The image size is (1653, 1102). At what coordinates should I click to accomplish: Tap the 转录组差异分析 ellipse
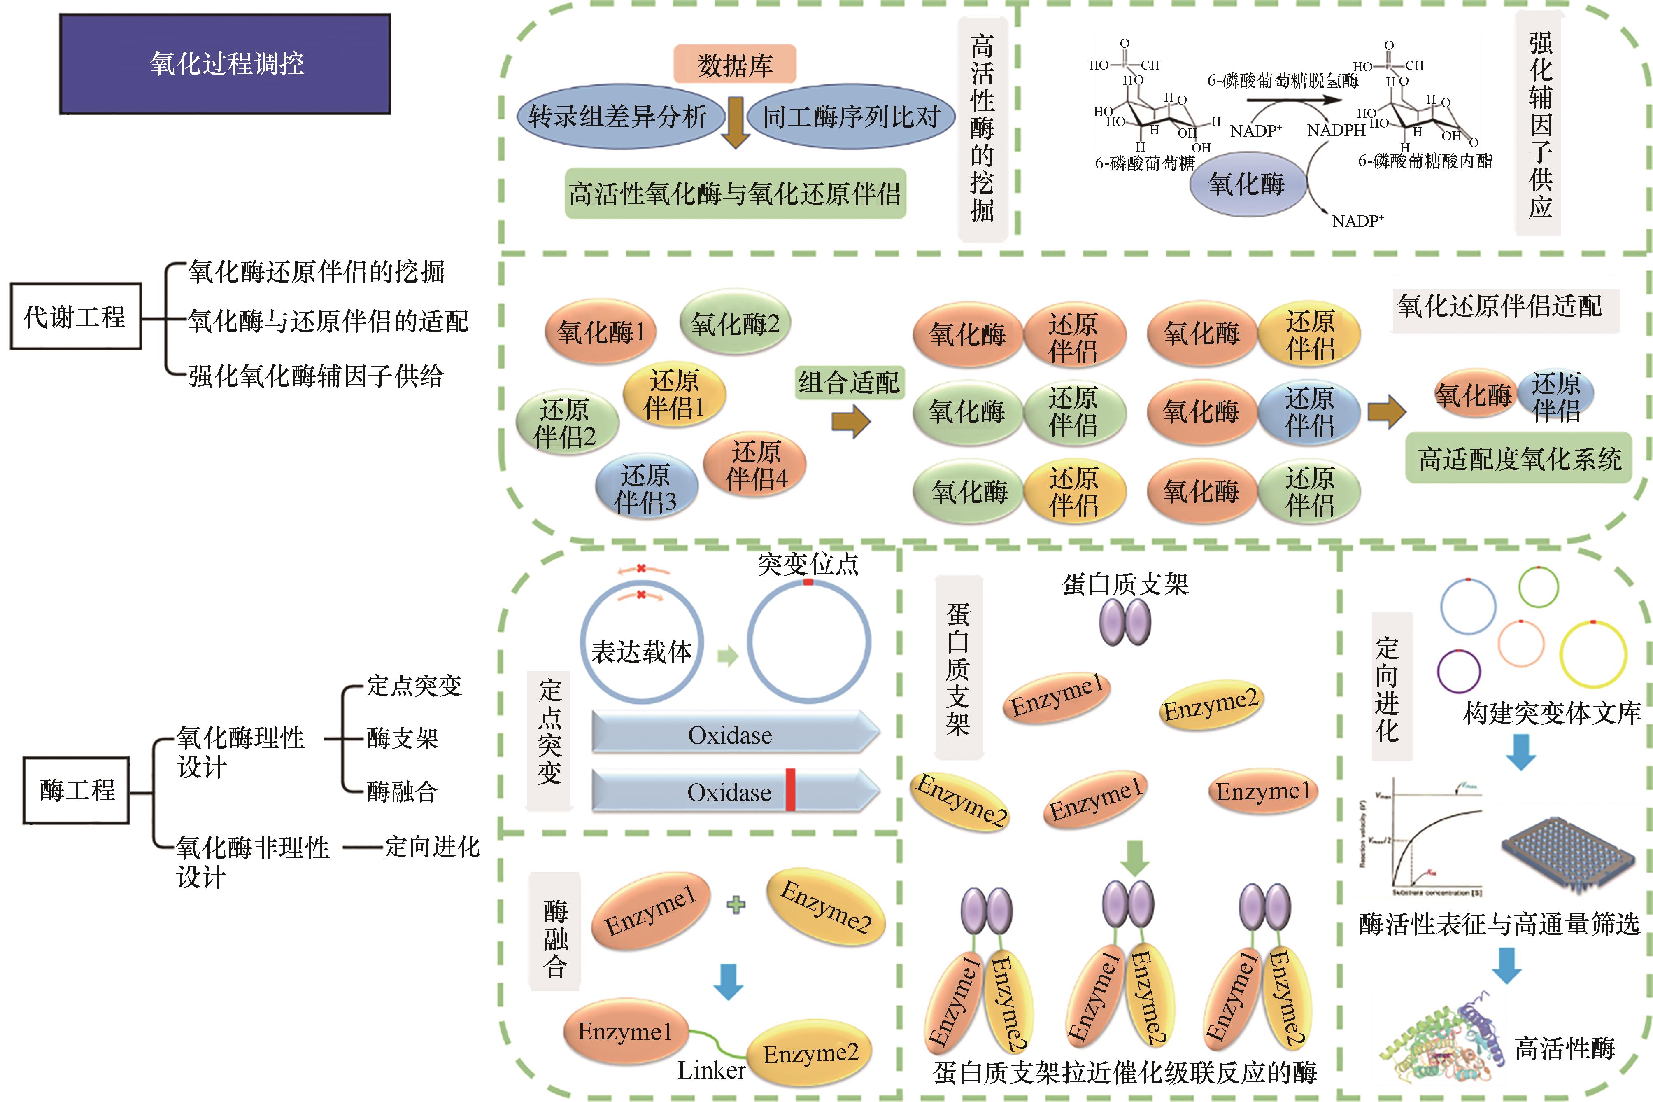(618, 117)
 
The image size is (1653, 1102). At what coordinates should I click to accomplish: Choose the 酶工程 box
(77, 790)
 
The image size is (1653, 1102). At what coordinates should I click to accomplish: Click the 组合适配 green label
(849, 382)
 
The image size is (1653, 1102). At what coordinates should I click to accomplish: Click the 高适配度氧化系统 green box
(1519, 459)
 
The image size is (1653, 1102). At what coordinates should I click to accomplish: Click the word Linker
(711, 1069)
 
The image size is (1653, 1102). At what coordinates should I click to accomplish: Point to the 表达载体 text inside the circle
(641, 651)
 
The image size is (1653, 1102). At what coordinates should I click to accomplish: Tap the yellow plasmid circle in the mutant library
(1592, 654)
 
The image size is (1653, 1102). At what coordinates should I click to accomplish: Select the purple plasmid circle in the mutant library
(1459, 671)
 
